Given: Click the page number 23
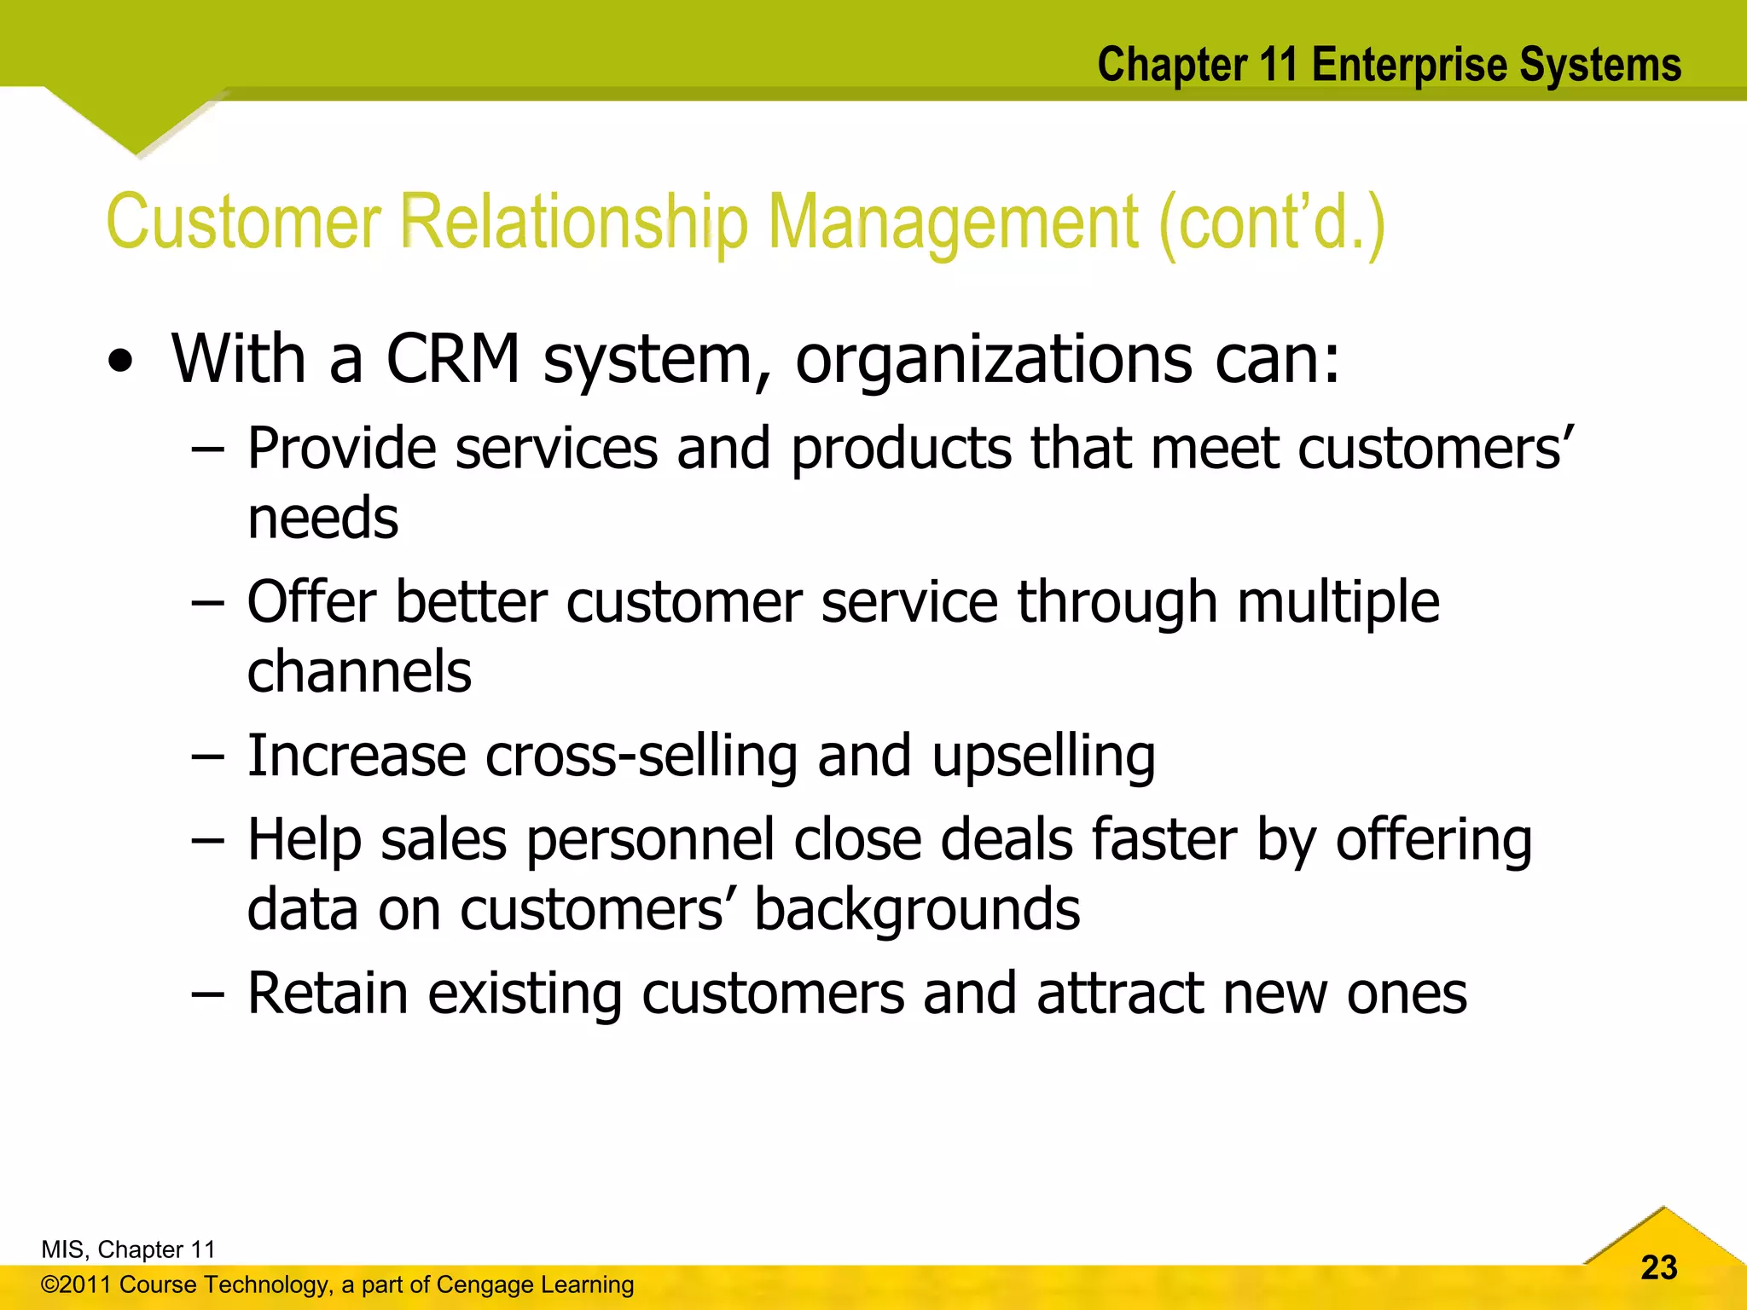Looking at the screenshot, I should pyautogui.click(x=1658, y=1267).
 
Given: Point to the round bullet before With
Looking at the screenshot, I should pyautogui.click(x=121, y=362).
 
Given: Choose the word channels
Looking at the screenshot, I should pyautogui.click(x=359, y=671).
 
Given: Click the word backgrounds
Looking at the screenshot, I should pyautogui.click(x=917, y=909).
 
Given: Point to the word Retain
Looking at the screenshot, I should pyautogui.click(x=328, y=994).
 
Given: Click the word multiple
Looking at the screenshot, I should pyautogui.click(x=1338, y=602).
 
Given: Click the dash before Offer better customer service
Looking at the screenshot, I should pyautogui.click(x=208, y=602).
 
